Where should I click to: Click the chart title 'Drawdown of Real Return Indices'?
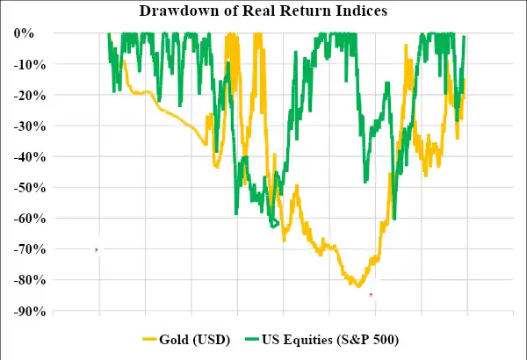click(263, 11)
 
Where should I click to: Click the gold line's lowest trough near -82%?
click(358, 285)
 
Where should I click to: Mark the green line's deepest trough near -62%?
click(274, 225)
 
